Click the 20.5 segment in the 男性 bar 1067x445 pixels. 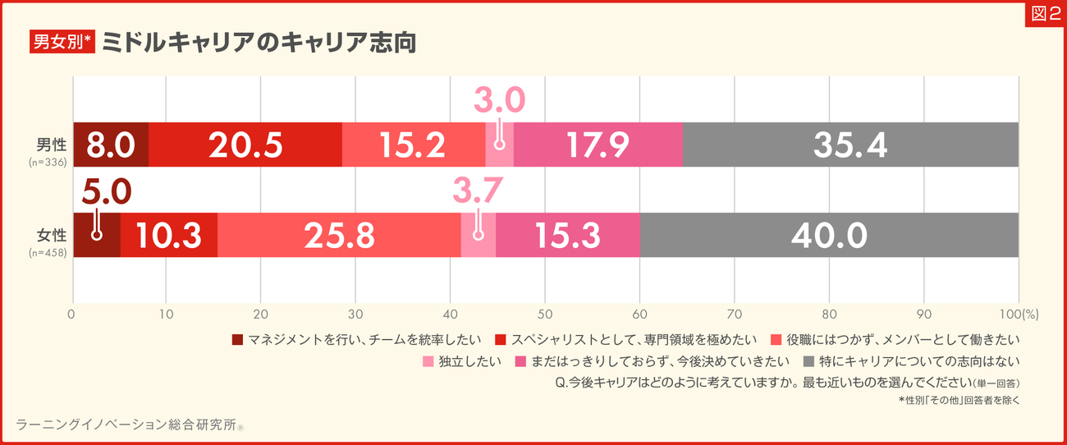(x=245, y=145)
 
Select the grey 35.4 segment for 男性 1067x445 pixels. (x=850, y=145)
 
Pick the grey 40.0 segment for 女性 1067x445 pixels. (x=829, y=236)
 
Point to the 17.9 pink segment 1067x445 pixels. (x=598, y=145)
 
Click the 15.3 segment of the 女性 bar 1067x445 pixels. (x=567, y=236)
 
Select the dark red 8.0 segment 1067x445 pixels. (x=111, y=145)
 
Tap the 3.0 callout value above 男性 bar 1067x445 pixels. (x=499, y=100)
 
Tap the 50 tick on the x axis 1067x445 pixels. (x=545, y=314)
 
